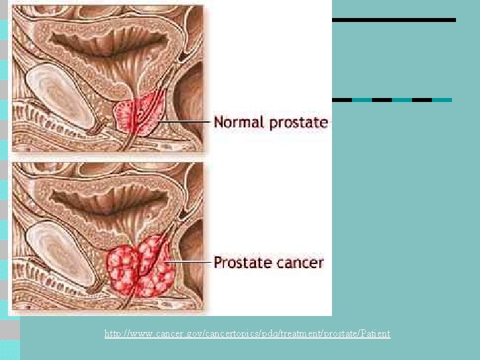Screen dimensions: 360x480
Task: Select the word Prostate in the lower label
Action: pyautogui.click(x=241, y=263)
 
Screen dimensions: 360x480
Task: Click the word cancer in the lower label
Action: pyautogui.click(x=299, y=263)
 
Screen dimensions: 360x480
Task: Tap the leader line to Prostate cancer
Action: pyautogui.click(x=190, y=262)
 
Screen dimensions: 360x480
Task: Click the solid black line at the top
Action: pyautogui.click(x=393, y=20)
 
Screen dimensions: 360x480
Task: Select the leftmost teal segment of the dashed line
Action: pyautogui.click(x=362, y=100)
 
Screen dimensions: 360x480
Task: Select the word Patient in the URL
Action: pyautogui.click(x=375, y=333)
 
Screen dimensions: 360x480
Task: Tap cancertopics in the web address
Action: pyautogui.click(x=221, y=333)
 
